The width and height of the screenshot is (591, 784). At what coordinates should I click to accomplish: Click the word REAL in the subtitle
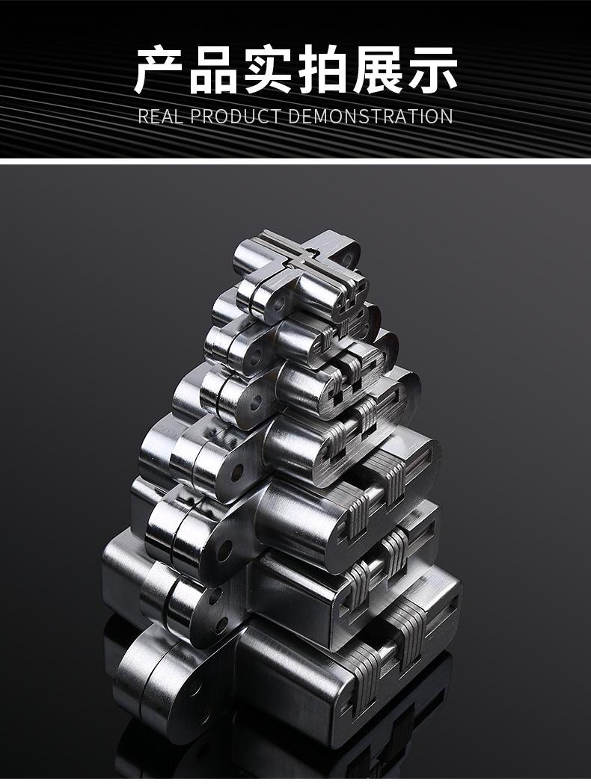[x=159, y=116]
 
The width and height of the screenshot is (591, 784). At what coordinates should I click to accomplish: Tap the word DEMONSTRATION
[x=370, y=116]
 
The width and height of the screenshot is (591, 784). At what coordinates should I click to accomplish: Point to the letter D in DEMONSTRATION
[x=294, y=116]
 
